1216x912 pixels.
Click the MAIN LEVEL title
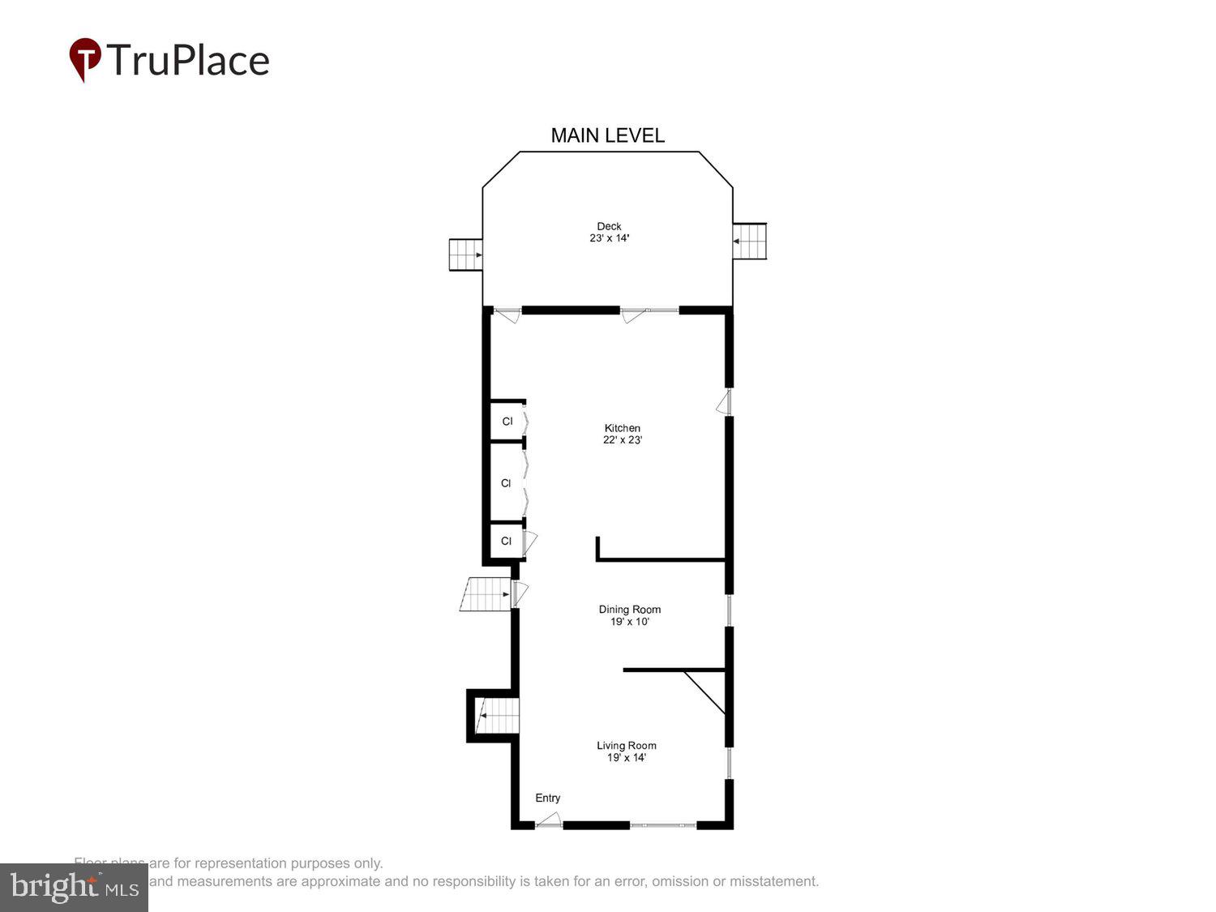[607, 135]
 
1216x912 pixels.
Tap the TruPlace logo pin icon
[84, 59]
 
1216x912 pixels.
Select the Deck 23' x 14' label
[609, 233]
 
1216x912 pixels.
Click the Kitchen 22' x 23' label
[622, 434]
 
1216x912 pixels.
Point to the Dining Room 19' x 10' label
[629, 615]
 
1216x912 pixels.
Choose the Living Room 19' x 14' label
[626, 751]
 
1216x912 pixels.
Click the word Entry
[547, 798]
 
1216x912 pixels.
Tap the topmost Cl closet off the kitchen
[507, 422]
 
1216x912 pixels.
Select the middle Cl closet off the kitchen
[506, 483]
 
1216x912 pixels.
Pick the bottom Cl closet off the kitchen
[506, 541]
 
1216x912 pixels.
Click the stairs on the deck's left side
[466, 255]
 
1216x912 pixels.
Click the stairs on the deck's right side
[750, 241]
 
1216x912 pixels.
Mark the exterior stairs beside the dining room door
[486, 594]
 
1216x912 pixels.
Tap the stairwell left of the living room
[496, 715]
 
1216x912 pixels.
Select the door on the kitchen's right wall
[723, 403]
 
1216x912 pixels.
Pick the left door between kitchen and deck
[508, 315]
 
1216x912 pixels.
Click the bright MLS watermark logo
[74, 887]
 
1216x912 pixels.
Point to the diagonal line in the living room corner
[704, 691]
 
